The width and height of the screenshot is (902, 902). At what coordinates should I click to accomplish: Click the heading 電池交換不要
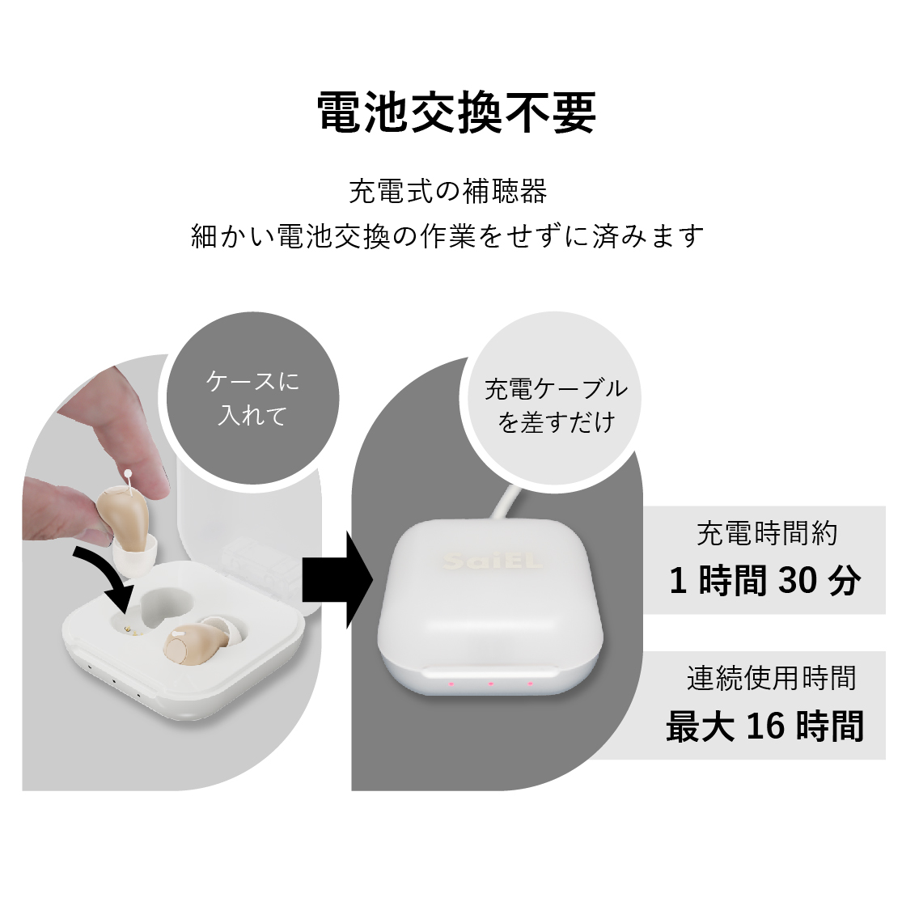pos(457,112)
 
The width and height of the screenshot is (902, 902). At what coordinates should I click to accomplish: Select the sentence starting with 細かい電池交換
pos(447,236)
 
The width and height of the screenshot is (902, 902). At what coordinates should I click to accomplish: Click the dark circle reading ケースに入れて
pos(252,398)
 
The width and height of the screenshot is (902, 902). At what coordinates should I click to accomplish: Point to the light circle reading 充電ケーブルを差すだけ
pos(556,398)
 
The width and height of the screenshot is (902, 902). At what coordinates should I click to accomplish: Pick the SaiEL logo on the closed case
pos(493,561)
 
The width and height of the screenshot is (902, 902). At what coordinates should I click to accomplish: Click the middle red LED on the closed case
pos(490,684)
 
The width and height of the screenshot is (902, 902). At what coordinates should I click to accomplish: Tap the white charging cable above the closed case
pos(505,502)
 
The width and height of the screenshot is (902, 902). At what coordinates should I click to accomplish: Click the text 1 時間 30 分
pos(764,580)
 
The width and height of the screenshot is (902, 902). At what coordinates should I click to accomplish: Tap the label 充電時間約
pos(767,533)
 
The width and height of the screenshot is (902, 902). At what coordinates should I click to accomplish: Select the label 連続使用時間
pos(771,678)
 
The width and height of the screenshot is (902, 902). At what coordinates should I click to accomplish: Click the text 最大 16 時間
pos(764,726)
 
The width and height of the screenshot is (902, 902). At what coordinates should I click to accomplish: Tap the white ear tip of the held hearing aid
pos(134,553)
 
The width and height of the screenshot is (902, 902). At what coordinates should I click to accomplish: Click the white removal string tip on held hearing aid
pos(129,473)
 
